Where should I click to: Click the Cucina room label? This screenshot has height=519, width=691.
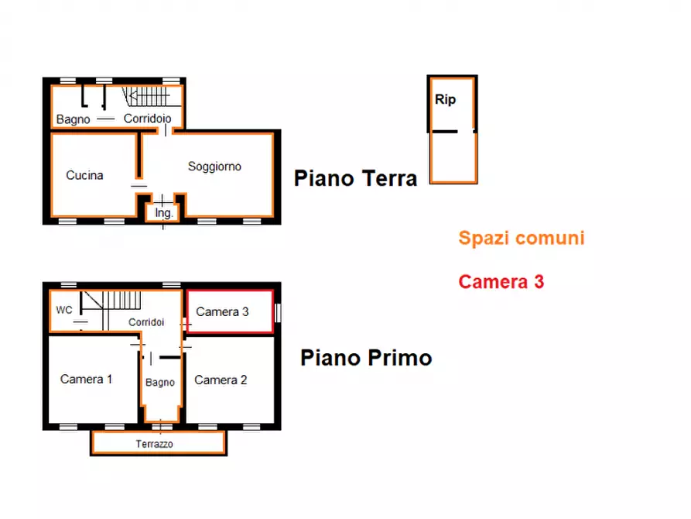point(84,175)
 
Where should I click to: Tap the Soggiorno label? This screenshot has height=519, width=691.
point(214,167)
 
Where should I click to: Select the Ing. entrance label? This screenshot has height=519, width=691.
point(163,213)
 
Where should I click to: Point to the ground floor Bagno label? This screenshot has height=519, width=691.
point(74,119)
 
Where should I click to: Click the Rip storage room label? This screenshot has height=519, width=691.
point(445,99)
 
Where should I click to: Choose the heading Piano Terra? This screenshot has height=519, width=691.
point(355,178)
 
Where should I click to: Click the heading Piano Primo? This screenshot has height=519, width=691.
point(366,357)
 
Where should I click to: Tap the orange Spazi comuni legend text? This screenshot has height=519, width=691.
point(522,239)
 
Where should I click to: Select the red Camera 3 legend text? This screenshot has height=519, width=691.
point(501,281)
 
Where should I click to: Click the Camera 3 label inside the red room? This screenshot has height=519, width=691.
point(222,311)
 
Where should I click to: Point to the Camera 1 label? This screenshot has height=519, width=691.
point(87,379)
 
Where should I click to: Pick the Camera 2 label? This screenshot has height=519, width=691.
point(221,380)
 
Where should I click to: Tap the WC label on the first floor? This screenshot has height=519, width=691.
point(64,310)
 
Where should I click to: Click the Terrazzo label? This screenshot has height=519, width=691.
point(154,444)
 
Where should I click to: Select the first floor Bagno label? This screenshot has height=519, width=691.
point(160,382)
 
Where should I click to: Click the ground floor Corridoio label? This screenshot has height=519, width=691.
point(147,119)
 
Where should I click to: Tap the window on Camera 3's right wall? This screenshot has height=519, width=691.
point(278,312)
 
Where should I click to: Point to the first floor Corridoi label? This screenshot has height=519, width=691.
point(146,322)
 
